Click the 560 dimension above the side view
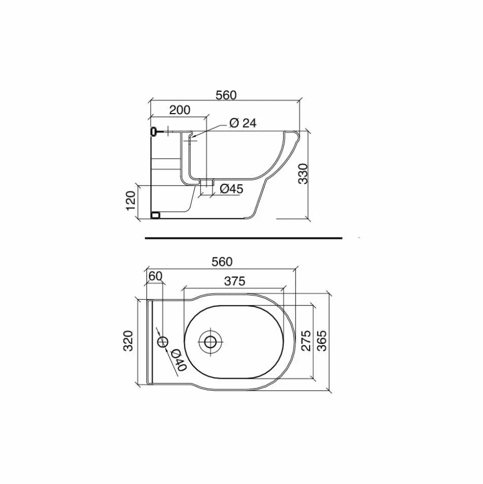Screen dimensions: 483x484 (226, 95)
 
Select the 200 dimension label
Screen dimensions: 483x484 (180, 110)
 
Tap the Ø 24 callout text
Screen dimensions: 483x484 (242, 123)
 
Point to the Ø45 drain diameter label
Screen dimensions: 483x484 (232, 188)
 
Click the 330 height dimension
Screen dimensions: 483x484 (304, 174)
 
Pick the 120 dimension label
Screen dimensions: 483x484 (131, 201)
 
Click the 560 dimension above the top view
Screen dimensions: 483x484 (222, 262)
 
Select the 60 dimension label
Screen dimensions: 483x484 (155, 276)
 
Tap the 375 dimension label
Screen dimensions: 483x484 (235, 281)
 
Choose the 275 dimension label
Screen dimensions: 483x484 (306, 341)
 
